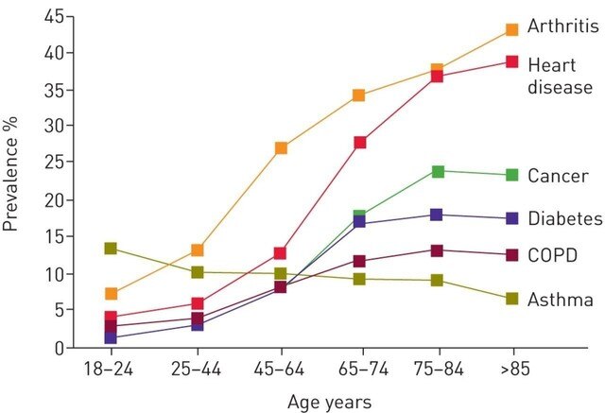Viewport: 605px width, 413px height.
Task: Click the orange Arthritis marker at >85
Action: point(511,29)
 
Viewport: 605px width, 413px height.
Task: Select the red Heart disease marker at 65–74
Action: point(359,143)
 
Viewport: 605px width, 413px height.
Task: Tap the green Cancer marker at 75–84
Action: point(438,171)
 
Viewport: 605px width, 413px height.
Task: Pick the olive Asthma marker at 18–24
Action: point(111,249)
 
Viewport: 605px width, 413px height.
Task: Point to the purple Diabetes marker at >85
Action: point(511,218)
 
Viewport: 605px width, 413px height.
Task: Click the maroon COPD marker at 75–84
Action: point(438,250)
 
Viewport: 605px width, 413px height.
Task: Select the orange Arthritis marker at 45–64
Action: point(281,148)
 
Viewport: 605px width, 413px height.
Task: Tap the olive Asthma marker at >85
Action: point(511,299)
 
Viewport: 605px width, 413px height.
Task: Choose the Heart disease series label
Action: point(560,76)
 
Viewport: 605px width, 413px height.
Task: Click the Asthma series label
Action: point(560,301)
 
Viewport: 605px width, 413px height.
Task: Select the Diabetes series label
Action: point(564,218)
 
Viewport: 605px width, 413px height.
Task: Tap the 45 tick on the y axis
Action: point(53,18)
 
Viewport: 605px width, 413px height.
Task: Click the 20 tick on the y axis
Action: point(53,200)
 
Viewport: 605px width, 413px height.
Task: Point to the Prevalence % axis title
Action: point(12,182)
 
